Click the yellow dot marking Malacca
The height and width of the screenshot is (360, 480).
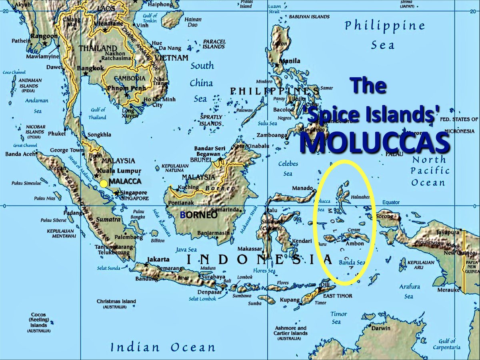(x=104, y=184)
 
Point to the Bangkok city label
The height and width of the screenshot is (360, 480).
(x=90, y=68)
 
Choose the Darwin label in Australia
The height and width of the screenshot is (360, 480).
(x=380, y=328)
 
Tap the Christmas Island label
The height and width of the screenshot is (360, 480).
(x=116, y=301)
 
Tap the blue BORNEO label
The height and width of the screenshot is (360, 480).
(x=198, y=215)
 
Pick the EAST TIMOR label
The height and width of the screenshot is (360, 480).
(x=338, y=296)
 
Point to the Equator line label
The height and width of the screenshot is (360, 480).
(x=391, y=202)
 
